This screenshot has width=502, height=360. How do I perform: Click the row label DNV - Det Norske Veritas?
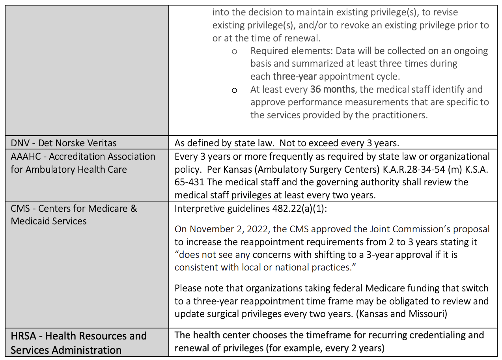point(63,143)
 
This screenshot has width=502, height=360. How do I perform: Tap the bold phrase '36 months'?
point(332,89)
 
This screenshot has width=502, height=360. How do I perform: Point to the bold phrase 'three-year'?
point(295,76)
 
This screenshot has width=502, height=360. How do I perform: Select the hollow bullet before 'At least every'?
point(234,90)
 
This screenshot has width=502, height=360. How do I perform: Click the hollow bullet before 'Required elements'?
point(234,52)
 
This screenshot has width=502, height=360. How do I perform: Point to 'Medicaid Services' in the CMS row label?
point(49,221)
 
